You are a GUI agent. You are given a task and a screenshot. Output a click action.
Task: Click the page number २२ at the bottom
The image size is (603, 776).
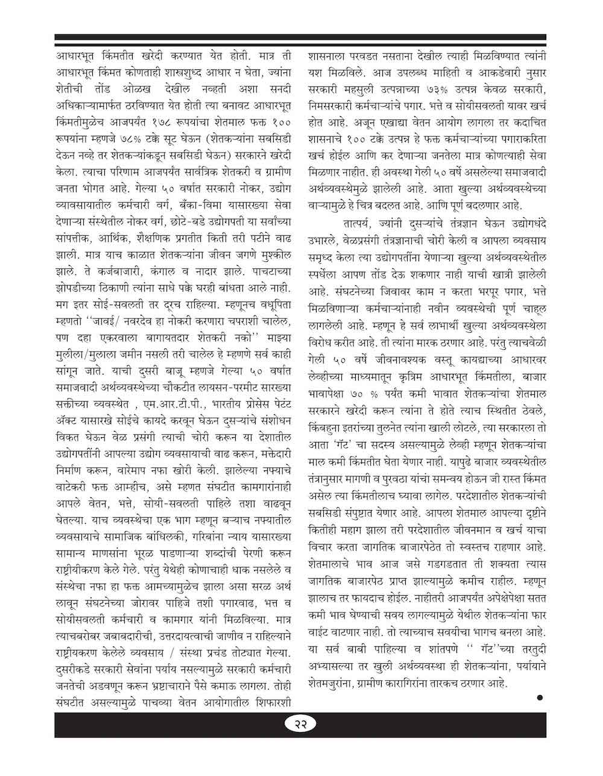(x=301, y=741)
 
